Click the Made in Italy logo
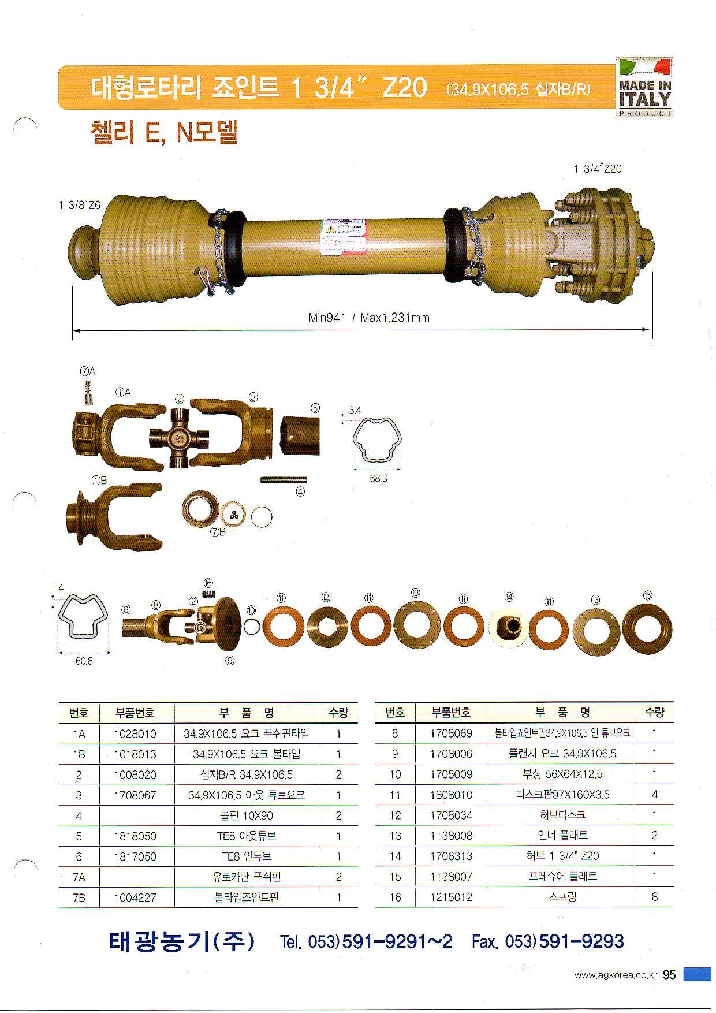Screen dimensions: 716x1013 tap(644, 87)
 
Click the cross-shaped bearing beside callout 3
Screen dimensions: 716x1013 tap(179, 435)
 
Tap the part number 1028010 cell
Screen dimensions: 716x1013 tap(135, 733)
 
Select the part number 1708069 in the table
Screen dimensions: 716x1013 tap(451, 733)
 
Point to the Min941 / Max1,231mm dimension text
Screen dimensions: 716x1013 tap(369, 318)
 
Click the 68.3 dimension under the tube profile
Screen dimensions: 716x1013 tap(378, 479)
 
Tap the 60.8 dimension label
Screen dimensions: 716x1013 tap(84, 661)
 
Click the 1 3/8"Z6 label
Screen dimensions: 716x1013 tap(80, 205)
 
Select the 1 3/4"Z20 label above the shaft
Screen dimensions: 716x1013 tap(598, 169)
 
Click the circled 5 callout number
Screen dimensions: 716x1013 tap(315, 408)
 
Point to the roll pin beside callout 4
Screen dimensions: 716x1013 tap(284, 479)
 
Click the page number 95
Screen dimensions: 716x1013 tap(669, 975)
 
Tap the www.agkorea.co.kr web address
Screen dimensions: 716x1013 tap(616, 975)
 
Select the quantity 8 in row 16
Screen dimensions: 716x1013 tap(654, 897)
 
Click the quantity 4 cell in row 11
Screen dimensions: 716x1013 tap(654, 795)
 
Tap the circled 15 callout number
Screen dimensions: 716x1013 tap(648, 595)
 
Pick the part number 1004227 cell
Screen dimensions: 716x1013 tap(135, 897)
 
